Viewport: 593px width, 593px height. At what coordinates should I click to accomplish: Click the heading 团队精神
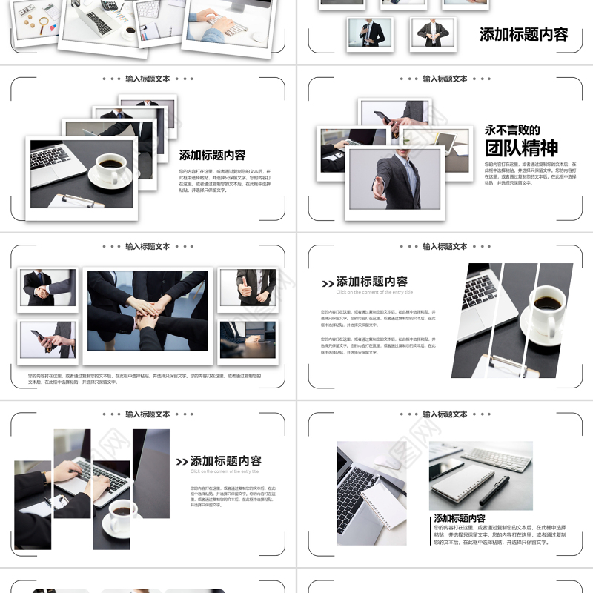(x=521, y=148)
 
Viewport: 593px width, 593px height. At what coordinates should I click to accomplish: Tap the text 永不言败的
(x=512, y=130)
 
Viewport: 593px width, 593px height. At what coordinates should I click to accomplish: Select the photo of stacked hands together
(x=148, y=310)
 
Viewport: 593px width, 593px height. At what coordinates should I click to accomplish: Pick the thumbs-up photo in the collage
(x=248, y=288)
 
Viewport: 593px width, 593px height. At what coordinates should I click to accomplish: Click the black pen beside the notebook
(x=494, y=490)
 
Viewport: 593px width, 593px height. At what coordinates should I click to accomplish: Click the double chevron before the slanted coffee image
(x=328, y=283)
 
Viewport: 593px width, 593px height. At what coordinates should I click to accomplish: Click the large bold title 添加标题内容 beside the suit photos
(x=523, y=34)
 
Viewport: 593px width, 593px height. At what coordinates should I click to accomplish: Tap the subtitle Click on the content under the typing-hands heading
(x=224, y=471)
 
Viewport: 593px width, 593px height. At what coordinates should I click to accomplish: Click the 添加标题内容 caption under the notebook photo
(x=460, y=519)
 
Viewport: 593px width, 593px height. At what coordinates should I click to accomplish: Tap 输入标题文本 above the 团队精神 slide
(x=445, y=79)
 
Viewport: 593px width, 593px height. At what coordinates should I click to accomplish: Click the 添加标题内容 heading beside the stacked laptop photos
(x=212, y=156)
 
